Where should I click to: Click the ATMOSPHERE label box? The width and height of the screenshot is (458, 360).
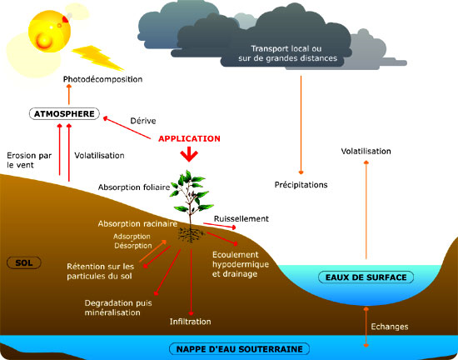pyautogui.click(x=64, y=113)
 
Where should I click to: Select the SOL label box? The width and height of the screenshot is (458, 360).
pyautogui.click(x=24, y=262)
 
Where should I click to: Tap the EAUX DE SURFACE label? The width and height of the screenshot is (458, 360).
pyautogui.click(x=366, y=277)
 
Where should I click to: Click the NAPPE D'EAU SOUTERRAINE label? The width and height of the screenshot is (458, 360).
pyautogui.click(x=239, y=349)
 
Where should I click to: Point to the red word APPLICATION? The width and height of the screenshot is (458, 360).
pyautogui.click(x=189, y=138)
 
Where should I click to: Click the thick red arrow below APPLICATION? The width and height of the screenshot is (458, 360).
pyautogui.click(x=189, y=154)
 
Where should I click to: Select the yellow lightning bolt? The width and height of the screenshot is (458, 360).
pyautogui.click(x=97, y=57)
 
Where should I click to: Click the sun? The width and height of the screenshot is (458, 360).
pyautogui.click(x=49, y=32)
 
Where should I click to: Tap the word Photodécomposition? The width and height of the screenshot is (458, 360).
pyautogui.click(x=102, y=79)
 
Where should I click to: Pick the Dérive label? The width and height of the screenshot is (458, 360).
pyautogui.click(x=143, y=121)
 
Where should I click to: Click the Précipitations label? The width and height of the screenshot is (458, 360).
pyautogui.click(x=301, y=185)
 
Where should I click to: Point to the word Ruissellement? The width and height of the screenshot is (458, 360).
pyautogui.click(x=241, y=218)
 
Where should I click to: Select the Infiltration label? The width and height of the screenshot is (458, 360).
pyautogui.click(x=190, y=322)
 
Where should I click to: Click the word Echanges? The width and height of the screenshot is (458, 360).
pyautogui.click(x=390, y=327)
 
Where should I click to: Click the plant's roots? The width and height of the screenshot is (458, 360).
pyautogui.click(x=191, y=235)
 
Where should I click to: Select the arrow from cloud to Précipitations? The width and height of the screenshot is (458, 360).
pyautogui.click(x=301, y=125)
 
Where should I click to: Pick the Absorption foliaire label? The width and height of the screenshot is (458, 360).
pyautogui.click(x=134, y=187)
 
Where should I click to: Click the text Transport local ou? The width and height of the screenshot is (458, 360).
pyautogui.click(x=286, y=48)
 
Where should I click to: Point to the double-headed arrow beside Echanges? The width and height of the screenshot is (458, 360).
pyautogui.click(x=366, y=327)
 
